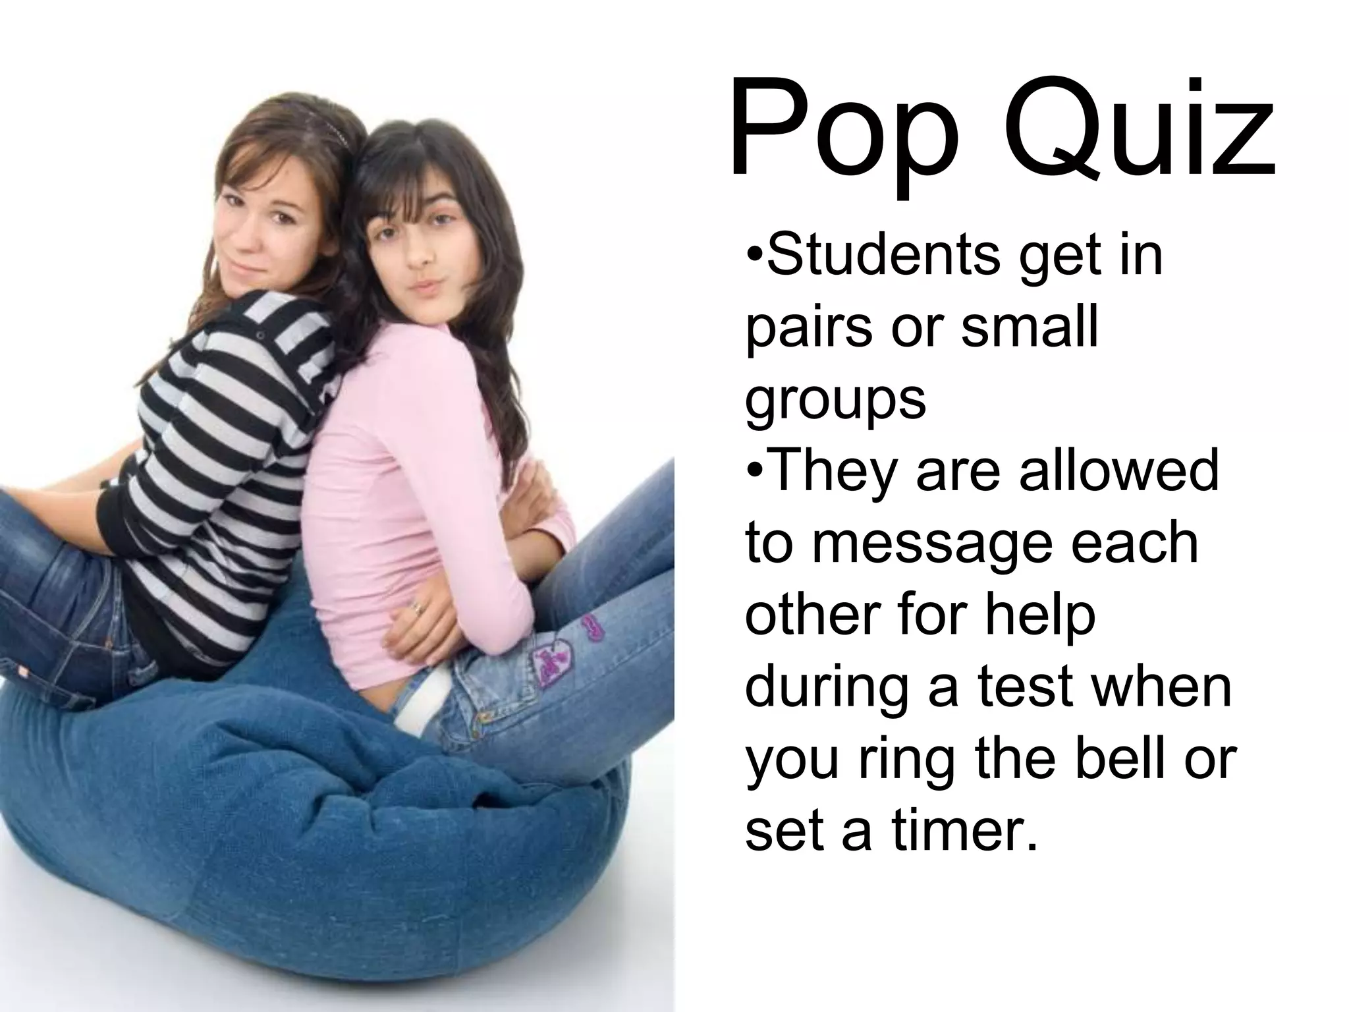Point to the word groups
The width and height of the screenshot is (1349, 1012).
pos(835,401)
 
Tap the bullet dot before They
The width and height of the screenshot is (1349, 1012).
pos(756,472)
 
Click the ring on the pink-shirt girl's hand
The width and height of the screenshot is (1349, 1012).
pos(416,609)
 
